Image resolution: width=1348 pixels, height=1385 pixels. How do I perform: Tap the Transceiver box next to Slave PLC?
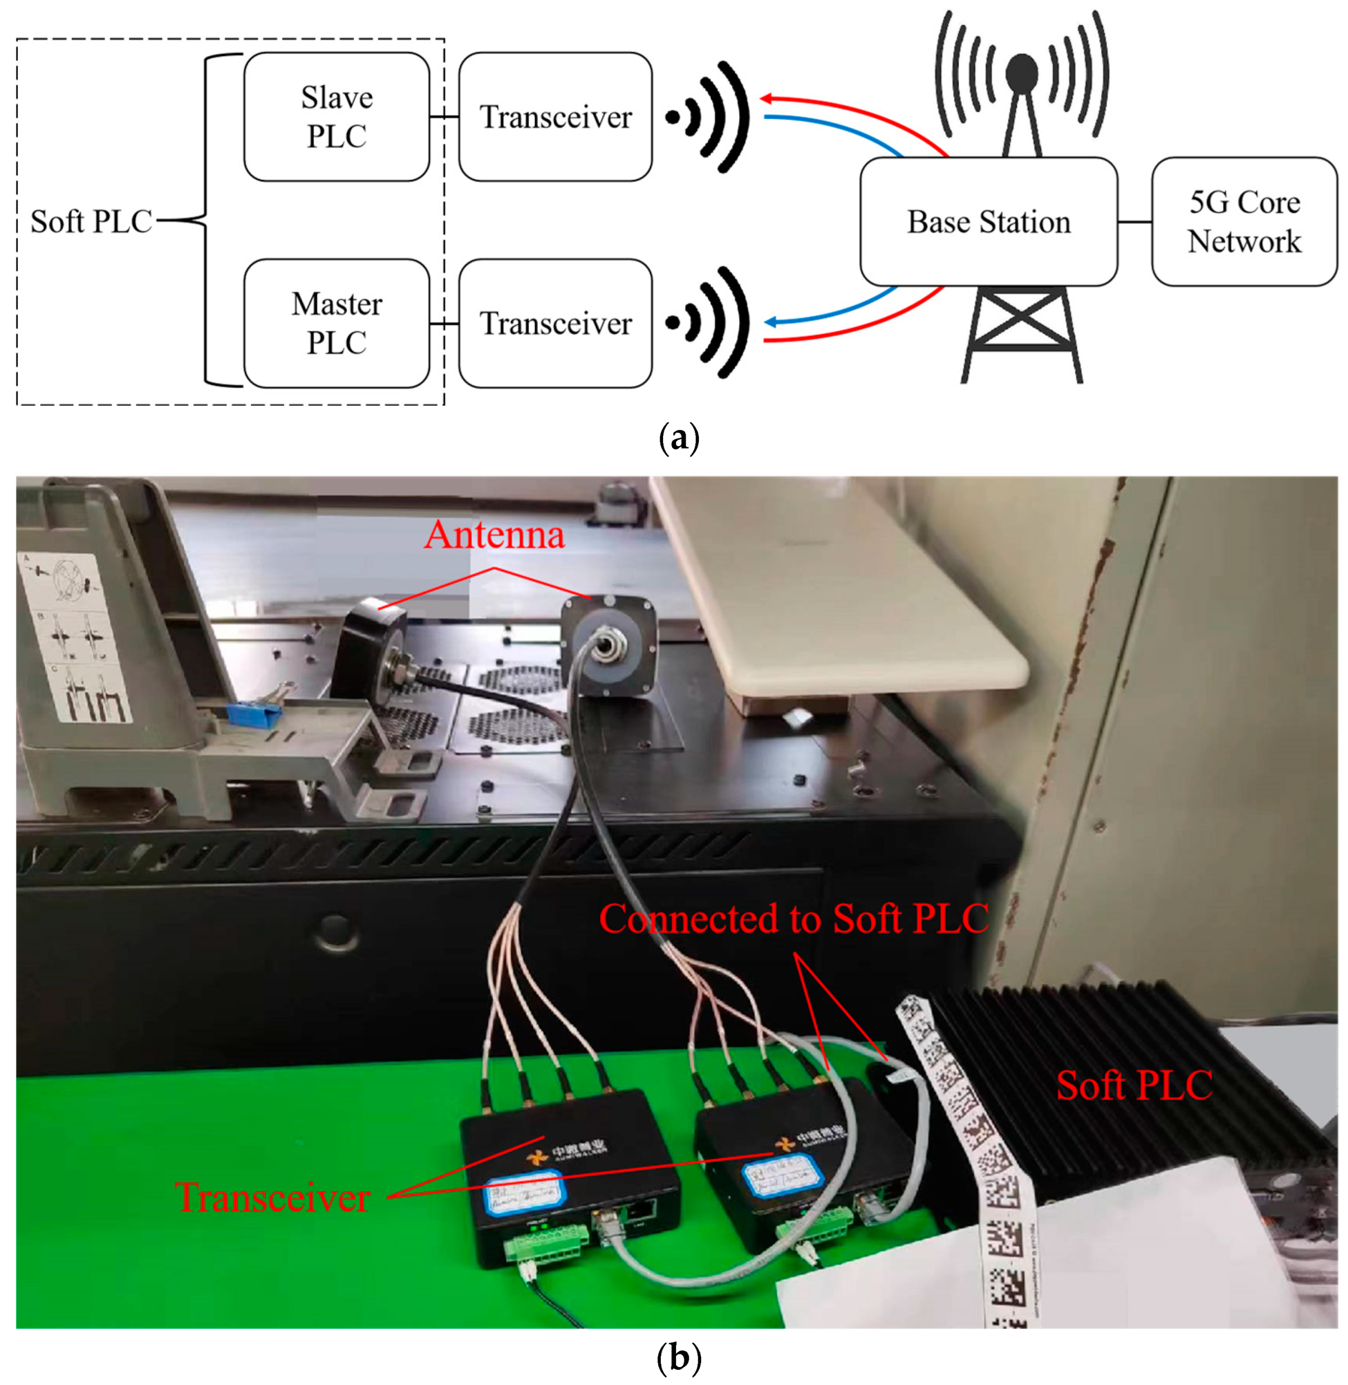pyautogui.click(x=555, y=117)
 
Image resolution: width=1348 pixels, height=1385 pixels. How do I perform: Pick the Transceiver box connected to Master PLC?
pyautogui.click(x=555, y=324)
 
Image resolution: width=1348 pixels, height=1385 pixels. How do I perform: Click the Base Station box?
pyautogui.click(x=988, y=222)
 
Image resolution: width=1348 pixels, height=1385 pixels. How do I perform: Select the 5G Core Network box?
pyautogui.click(x=1244, y=222)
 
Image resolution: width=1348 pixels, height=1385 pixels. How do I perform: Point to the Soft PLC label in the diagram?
pyautogui.click(x=91, y=222)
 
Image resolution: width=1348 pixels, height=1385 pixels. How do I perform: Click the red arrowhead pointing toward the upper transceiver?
pyautogui.click(x=766, y=99)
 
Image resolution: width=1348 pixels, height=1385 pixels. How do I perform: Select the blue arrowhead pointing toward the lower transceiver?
pyautogui.click(x=770, y=322)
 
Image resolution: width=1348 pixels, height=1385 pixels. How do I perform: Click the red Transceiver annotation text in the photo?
pyautogui.click(x=273, y=1197)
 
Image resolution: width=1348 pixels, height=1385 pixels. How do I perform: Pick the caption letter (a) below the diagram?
pyautogui.click(x=679, y=438)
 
